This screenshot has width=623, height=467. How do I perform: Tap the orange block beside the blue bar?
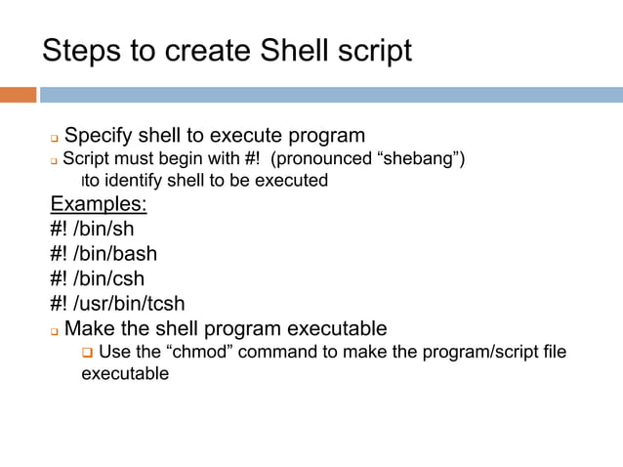(x=18, y=95)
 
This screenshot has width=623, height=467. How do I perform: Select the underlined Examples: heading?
(x=99, y=204)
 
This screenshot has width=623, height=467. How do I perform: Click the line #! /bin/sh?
(x=92, y=230)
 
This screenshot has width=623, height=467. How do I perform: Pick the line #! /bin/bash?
(x=104, y=254)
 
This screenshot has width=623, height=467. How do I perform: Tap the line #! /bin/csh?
(x=97, y=278)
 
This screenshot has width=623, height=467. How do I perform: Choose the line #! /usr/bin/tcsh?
(x=117, y=303)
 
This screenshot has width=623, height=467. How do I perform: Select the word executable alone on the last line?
(x=124, y=374)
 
